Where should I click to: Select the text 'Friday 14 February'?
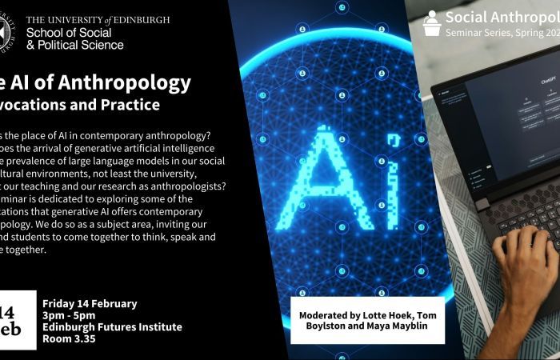(x=89, y=303)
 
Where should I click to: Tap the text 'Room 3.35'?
(x=67, y=338)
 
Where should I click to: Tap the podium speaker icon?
(x=432, y=23)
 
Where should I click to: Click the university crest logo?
(x=6, y=31)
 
